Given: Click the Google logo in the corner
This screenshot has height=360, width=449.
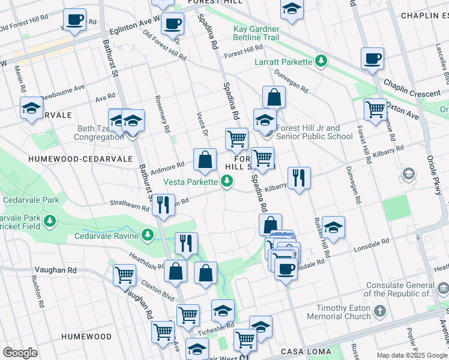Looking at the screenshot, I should pyautogui.click(x=20, y=352).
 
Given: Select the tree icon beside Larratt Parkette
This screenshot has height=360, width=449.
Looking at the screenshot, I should pyautogui.click(x=322, y=61).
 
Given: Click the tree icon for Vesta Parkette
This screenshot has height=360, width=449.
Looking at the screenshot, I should pyautogui.click(x=226, y=180).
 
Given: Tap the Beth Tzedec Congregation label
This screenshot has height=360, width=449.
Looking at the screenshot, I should pyautogui.click(x=99, y=133).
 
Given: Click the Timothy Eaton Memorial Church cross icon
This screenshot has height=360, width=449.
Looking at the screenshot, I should pyautogui.click(x=379, y=311).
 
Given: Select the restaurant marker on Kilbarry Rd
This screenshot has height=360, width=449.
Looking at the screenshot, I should pyautogui.click(x=298, y=178).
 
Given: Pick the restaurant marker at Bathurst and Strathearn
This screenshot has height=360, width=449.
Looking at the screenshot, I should pyautogui.click(x=163, y=205).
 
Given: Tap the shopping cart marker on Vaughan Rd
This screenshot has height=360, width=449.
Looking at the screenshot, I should pyautogui.click(x=124, y=275).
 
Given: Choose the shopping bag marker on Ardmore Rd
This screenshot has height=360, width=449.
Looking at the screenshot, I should pyautogui.click(x=205, y=160).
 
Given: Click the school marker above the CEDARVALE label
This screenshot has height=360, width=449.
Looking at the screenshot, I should pyautogui.click(x=31, y=109).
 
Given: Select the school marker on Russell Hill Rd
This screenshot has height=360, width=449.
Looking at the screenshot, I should pyautogui.click(x=333, y=227).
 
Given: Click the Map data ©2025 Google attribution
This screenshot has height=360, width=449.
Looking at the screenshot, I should pyautogui.click(x=411, y=355).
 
